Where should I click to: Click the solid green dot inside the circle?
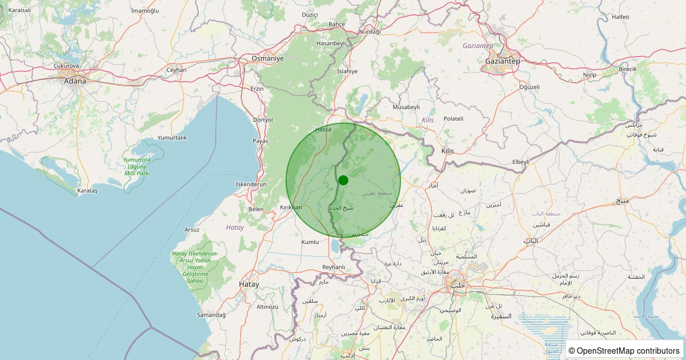click(x=343, y=180)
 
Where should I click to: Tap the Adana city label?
click(x=75, y=81)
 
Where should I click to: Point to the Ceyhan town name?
click(x=177, y=70)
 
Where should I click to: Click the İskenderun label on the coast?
click(x=252, y=184)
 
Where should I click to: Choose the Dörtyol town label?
click(x=263, y=120)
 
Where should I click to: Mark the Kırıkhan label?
click(x=290, y=207)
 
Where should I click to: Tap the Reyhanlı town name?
click(x=334, y=267)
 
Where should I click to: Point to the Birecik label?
click(x=627, y=69)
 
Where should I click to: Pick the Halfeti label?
click(x=620, y=17)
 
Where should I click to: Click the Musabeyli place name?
click(x=406, y=107)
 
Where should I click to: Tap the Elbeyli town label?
click(x=521, y=162)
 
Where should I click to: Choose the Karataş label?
click(x=87, y=191)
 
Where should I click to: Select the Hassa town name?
click(x=323, y=129)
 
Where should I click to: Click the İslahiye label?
click(x=347, y=71)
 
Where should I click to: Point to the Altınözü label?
click(x=267, y=307)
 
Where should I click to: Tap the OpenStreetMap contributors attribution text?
click(x=624, y=350)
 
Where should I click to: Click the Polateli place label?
click(x=453, y=118)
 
